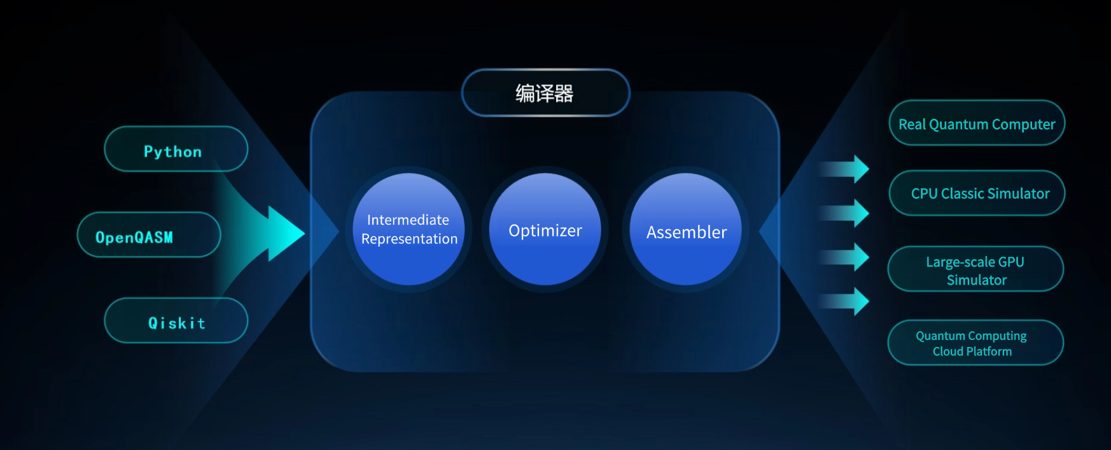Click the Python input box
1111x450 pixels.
click(x=176, y=149)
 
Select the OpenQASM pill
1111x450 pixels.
click(x=149, y=235)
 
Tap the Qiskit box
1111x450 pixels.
click(x=176, y=320)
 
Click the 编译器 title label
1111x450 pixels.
click(x=545, y=93)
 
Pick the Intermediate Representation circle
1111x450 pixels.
click(x=409, y=229)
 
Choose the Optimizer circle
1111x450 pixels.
click(x=545, y=229)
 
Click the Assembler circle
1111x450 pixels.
click(x=685, y=229)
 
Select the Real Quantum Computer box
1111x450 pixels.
click(x=977, y=123)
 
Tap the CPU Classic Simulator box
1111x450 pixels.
click(x=977, y=193)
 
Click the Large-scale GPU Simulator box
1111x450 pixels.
click(x=975, y=269)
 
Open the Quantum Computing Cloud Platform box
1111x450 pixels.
click(x=975, y=343)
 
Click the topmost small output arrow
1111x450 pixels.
click(x=844, y=169)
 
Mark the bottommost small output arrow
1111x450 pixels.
click(x=844, y=301)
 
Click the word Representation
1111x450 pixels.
click(x=409, y=239)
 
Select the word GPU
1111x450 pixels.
click(x=1011, y=262)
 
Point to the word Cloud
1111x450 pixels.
click(x=948, y=351)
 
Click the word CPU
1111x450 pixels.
click(x=924, y=194)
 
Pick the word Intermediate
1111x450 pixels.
click(x=408, y=220)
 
